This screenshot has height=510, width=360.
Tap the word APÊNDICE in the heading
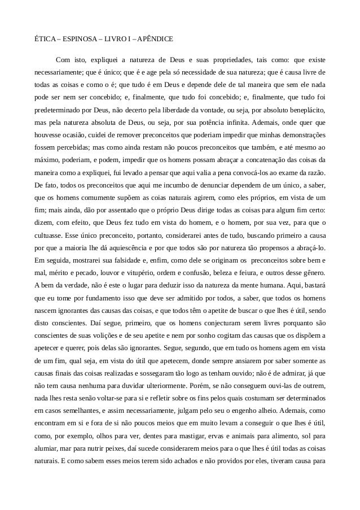155,40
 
